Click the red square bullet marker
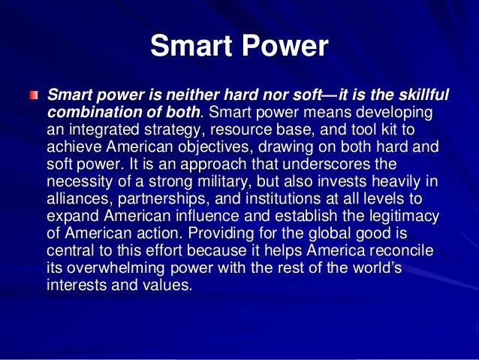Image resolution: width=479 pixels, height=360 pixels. (x=33, y=98)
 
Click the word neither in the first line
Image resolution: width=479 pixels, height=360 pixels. (x=204, y=96)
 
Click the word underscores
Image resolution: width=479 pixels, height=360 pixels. (x=348, y=162)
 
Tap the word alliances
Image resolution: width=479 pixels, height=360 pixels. (x=78, y=195)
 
